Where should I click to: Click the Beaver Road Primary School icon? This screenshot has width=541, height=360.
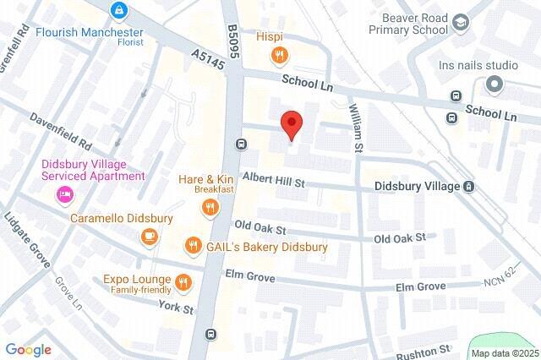(461, 21)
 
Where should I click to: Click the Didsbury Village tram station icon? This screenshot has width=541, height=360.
(468, 186)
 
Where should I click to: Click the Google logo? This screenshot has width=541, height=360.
(29, 350)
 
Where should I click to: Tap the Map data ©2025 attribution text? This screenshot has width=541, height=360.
(504, 353)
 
